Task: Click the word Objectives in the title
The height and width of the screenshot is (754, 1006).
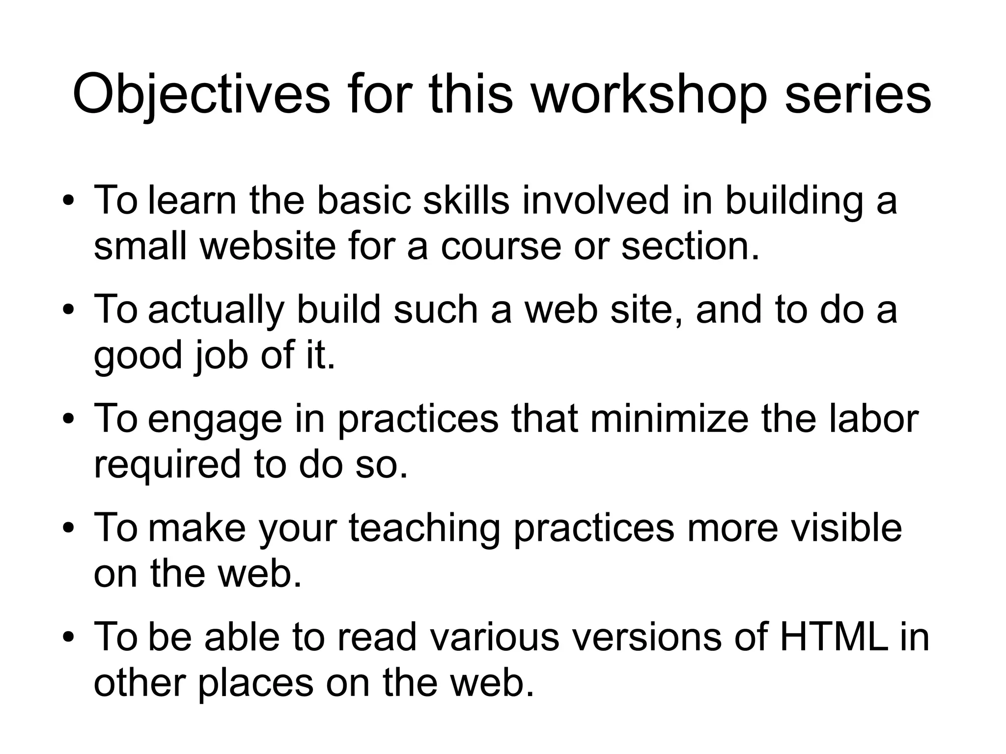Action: pos(201,95)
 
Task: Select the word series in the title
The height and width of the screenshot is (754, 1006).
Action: pos(858,95)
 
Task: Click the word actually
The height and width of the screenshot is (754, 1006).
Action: pos(216,311)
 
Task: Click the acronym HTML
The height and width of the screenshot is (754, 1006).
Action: pos(834,637)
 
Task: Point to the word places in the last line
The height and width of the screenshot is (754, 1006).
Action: pos(255,683)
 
